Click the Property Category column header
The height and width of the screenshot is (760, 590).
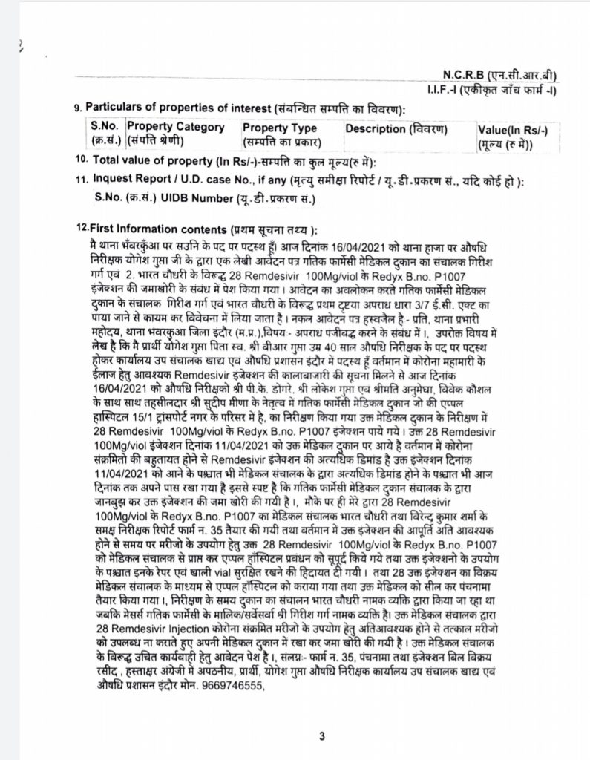click(x=176, y=127)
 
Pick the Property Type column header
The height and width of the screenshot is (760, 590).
click(x=280, y=128)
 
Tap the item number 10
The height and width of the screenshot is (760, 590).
click(x=80, y=160)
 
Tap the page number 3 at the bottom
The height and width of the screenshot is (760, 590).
click(x=322, y=736)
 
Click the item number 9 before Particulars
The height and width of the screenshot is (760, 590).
click(x=77, y=109)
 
